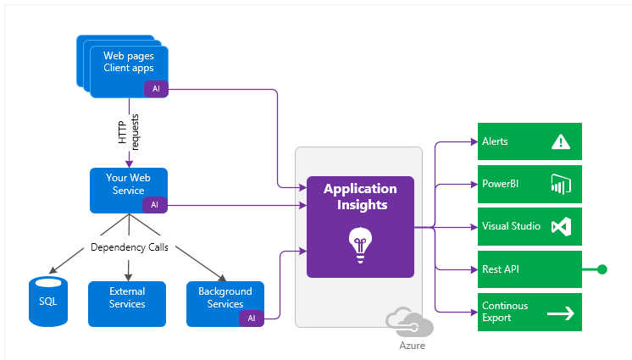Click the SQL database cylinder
48,302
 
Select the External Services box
127,304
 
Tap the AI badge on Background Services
252,318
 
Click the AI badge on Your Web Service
155,205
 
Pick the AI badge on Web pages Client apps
157,89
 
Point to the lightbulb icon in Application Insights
360,245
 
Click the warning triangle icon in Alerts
561,142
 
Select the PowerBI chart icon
561,184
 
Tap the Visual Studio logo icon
561,226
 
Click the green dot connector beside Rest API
602,269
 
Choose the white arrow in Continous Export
561,313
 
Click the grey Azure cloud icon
409,322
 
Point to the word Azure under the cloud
412,346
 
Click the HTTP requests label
129,132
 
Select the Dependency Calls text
130,247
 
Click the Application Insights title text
361,197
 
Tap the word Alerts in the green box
495,141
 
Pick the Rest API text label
501,269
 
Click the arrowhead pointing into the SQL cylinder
52,270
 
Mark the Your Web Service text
128,184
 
